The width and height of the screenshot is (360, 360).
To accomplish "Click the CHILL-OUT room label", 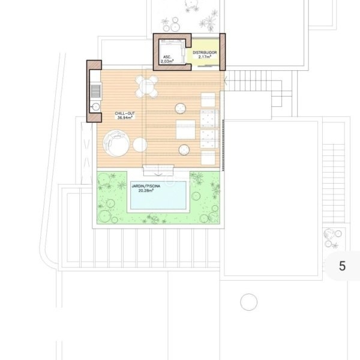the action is [x=125, y=113].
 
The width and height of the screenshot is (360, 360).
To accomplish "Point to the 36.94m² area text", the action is [x=125, y=118].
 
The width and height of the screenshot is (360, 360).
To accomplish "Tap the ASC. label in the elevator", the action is [x=167, y=57].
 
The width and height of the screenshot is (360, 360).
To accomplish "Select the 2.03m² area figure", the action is [x=167, y=61].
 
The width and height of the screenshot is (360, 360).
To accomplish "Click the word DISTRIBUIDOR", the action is [x=205, y=53].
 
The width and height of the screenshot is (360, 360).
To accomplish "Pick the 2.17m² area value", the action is [x=205, y=57].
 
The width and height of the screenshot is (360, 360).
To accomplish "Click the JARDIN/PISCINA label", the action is [x=146, y=186].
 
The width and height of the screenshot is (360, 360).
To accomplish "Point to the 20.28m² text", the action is [x=146, y=190].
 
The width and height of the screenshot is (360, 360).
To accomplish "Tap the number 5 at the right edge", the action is [x=342, y=266].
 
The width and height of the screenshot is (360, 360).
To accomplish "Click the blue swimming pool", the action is [x=158, y=196].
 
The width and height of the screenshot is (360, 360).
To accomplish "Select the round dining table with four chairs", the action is [x=146, y=87].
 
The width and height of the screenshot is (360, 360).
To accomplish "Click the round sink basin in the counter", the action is [x=95, y=107].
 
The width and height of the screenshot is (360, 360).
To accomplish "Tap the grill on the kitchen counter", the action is [x=96, y=91].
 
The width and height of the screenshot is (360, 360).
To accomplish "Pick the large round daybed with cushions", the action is [x=116, y=143].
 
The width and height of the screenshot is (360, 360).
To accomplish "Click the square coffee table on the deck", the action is [x=185, y=130].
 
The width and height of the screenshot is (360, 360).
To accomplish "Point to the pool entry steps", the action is [x=158, y=170].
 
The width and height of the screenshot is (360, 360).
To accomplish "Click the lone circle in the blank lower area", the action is [x=248, y=302].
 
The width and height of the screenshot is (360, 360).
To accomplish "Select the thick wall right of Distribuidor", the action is [x=223, y=52].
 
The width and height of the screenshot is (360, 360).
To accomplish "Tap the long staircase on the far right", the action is [x=334, y=183].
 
